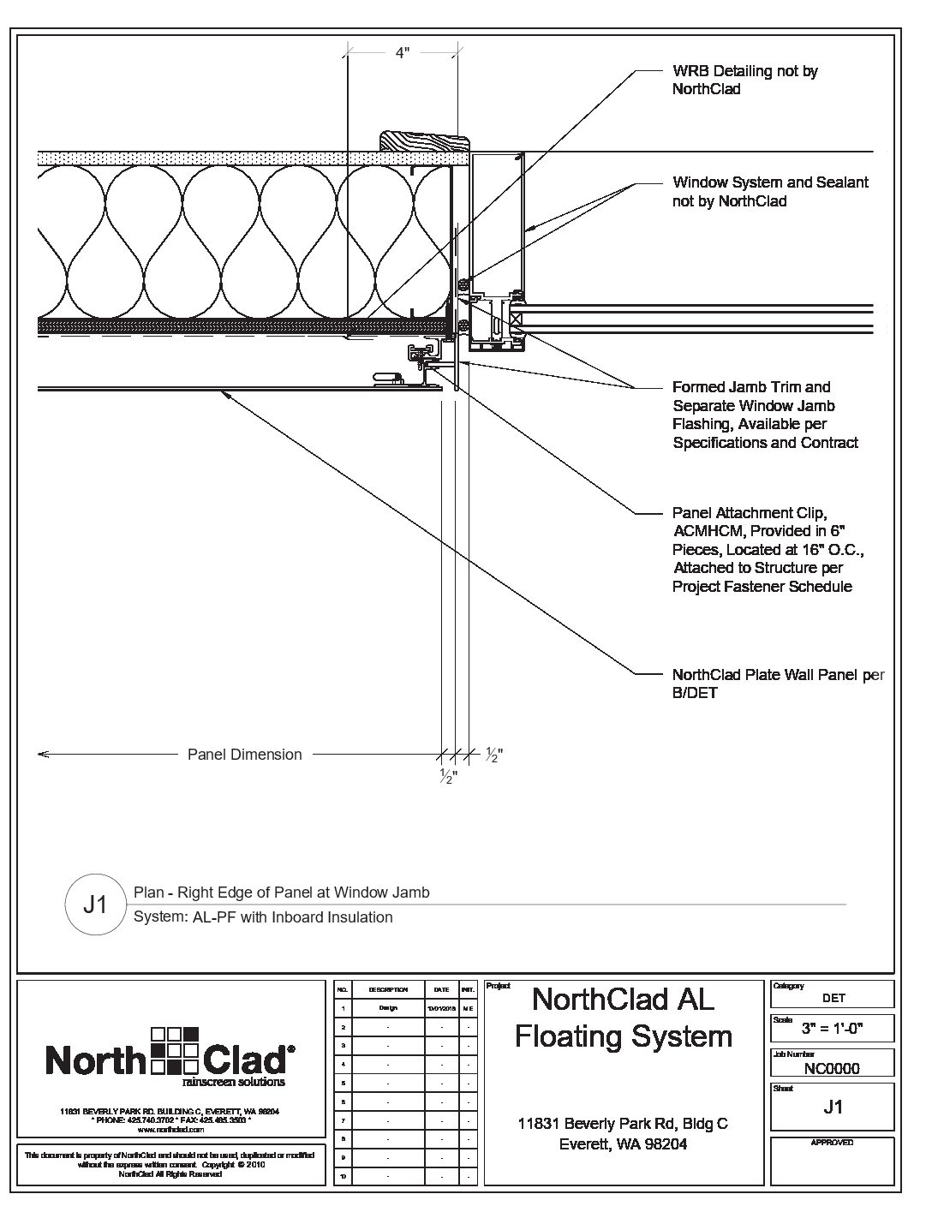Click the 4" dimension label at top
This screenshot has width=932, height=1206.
pyautogui.click(x=402, y=53)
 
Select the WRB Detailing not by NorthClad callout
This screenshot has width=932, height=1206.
pyautogui.click(x=744, y=80)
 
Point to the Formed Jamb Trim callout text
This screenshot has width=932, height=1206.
pyautogui.click(x=765, y=415)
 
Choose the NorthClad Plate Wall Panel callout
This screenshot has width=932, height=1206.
pyautogui.click(x=778, y=684)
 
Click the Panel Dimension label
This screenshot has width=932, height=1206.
pyautogui.click(x=244, y=755)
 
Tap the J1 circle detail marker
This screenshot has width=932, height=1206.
pyautogui.click(x=94, y=904)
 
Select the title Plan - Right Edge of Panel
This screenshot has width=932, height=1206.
pyautogui.click(x=282, y=893)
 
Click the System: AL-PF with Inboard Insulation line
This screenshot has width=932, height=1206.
pyautogui.click(x=263, y=917)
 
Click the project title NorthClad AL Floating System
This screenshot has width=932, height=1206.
pyautogui.click(x=623, y=1018)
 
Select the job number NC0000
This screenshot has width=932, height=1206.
pyautogui.click(x=832, y=1068)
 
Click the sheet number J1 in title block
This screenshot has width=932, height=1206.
pyautogui.click(x=832, y=1107)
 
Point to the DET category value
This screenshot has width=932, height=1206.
pyautogui.click(x=833, y=998)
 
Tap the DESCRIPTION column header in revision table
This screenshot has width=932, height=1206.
pyautogui.click(x=388, y=989)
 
